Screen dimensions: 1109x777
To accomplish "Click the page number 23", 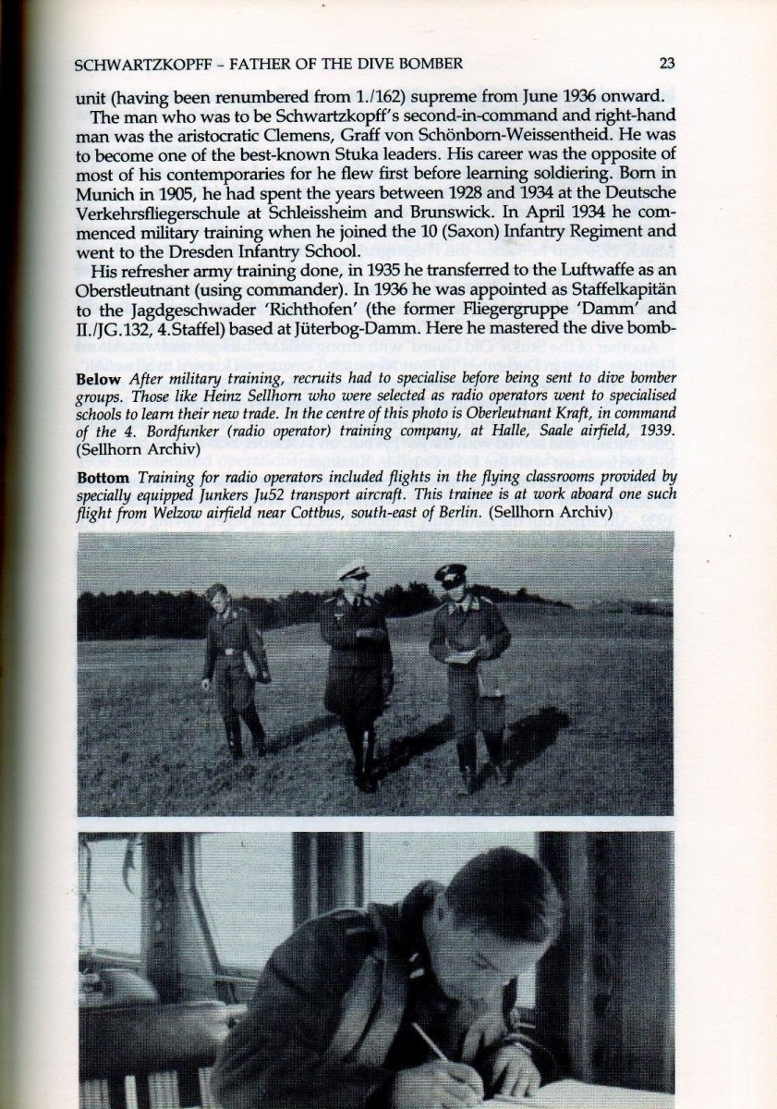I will [x=669, y=64].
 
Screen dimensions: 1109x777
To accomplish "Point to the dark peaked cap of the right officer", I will [x=451, y=574].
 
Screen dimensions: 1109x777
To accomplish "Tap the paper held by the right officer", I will [x=459, y=657].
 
